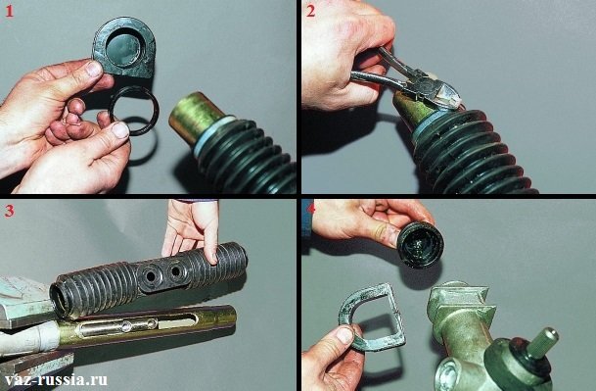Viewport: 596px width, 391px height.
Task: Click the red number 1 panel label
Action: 9,12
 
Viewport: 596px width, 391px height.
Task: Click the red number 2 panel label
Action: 310,12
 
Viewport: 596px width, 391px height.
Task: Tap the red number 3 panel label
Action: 9,211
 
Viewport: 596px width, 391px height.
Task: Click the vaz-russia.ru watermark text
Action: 56,379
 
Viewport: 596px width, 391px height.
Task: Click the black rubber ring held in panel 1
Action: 134,111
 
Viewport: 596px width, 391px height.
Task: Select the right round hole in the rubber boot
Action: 175,271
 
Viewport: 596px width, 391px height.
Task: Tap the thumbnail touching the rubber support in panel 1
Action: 94,70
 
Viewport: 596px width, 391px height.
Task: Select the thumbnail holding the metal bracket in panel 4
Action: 344,335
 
